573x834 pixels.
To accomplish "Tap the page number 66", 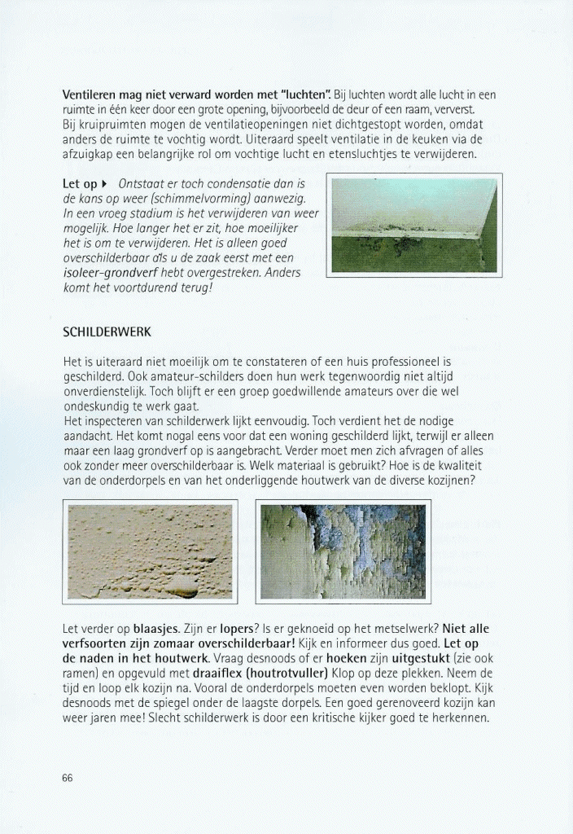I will coord(68,777).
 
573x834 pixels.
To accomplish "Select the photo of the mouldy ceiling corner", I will coord(413,225).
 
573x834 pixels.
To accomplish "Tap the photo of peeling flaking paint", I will coord(340,551).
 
